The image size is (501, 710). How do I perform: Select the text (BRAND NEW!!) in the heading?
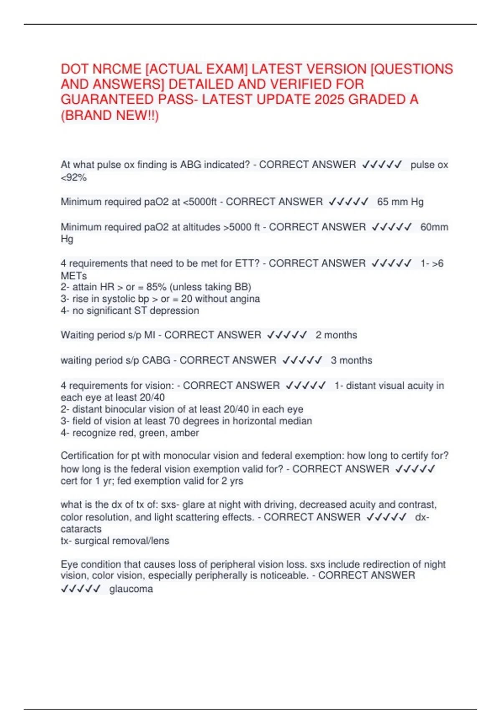[110, 115]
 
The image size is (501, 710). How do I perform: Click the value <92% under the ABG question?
[73, 177]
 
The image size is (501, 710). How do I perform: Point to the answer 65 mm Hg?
[400, 202]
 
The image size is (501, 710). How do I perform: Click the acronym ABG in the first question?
[190, 165]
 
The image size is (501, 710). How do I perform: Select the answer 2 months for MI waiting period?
[336, 335]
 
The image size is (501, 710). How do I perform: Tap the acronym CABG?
[156, 360]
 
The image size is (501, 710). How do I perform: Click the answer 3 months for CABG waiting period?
[351, 360]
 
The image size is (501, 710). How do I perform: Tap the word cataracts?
[81, 529]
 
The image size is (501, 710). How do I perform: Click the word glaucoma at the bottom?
[131, 589]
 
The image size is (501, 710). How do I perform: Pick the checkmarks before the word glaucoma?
[81, 589]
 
